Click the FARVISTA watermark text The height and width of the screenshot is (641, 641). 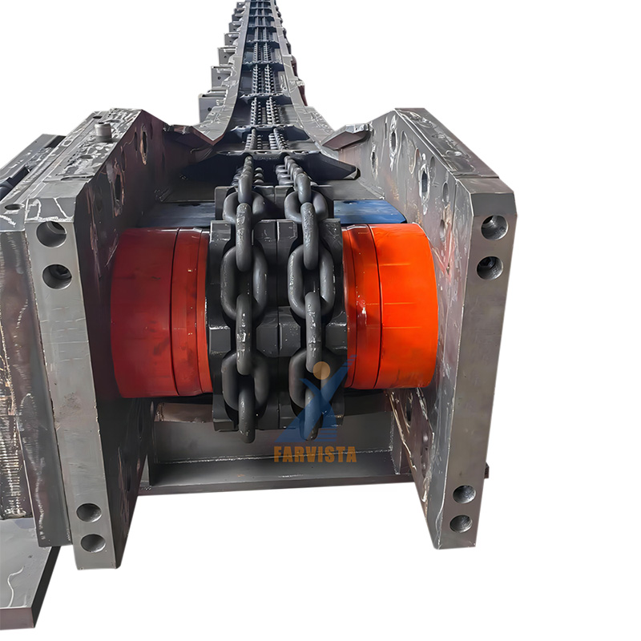315,454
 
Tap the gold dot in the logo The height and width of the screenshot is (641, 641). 322,370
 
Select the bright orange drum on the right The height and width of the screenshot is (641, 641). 390,306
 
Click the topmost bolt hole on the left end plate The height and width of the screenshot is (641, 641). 51,233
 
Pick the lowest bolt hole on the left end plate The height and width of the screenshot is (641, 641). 93,542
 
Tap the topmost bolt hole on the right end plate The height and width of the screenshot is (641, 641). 494,228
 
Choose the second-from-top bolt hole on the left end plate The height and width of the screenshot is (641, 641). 57,276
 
